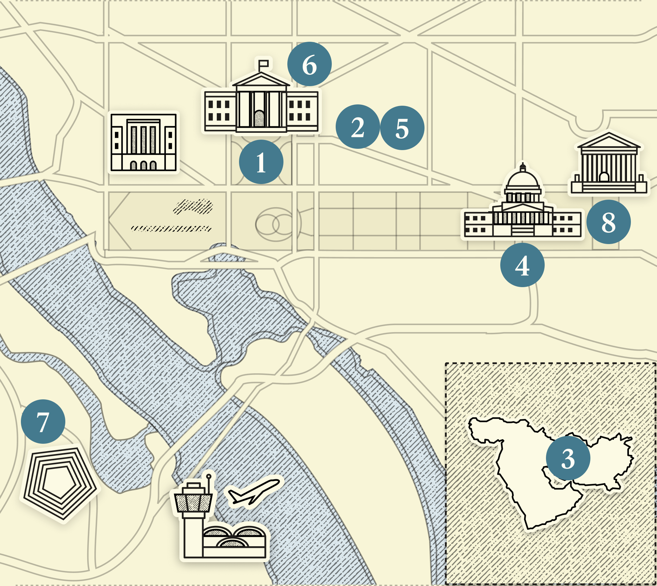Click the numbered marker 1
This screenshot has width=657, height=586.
click(261, 162)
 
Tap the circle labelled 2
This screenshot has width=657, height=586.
click(358, 127)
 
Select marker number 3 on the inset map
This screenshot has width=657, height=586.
click(568, 458)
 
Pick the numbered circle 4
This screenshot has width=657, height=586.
click(522, 265)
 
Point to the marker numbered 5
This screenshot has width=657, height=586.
click(402, 128)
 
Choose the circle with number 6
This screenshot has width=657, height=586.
click(309, 64)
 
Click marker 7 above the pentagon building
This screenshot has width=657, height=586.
click(43, 422)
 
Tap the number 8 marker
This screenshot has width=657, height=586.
click(608, 222)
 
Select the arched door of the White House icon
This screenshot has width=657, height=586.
click(259, 119)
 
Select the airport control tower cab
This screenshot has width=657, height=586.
click(193, 501)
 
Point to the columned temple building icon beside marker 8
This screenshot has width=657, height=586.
click(609, 165)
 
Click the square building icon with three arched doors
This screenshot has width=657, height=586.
click(143, 142)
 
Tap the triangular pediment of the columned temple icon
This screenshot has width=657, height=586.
click(609, 141)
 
